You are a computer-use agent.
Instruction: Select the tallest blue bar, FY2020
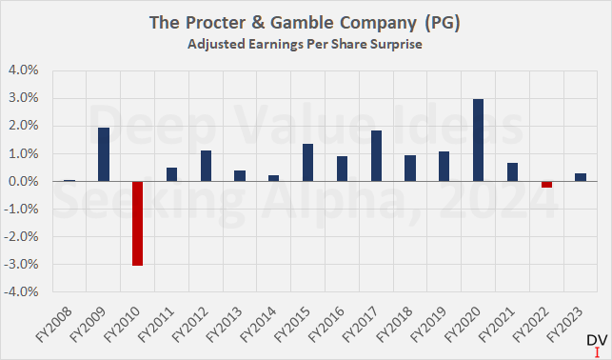coord(478,140)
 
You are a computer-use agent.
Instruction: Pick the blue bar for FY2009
coord(104,154)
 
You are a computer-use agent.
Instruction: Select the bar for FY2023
coord(580,177)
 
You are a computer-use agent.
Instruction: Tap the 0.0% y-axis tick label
coord(25,182)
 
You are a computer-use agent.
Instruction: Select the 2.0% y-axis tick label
coord(25,126)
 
